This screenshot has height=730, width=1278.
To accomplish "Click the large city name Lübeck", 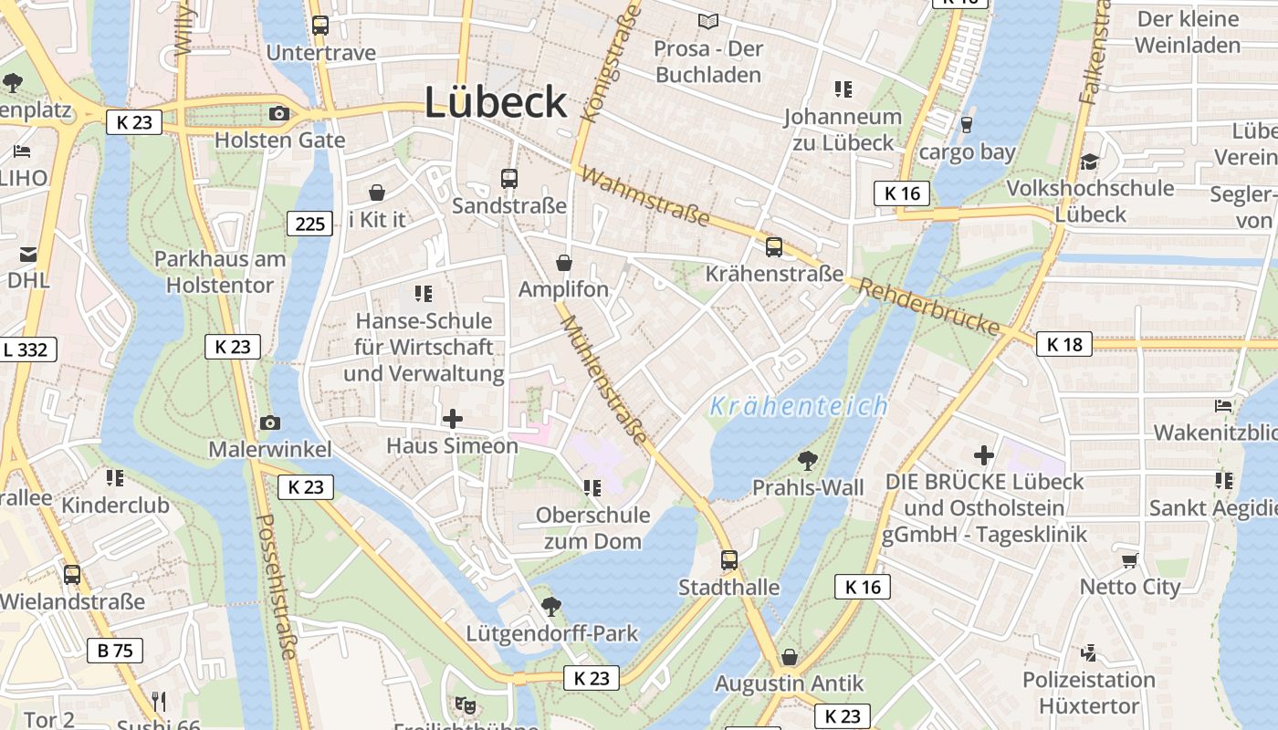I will click(x=496, y=102).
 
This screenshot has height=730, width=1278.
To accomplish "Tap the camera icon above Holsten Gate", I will click(x=279, y=114).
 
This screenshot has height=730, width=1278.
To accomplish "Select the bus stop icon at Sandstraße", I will click(x=509, y=179).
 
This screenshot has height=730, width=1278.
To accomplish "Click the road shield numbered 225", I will click(x=310, y=223).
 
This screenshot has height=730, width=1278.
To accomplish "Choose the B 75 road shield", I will click(x=115, y=651).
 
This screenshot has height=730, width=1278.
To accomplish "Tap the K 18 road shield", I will click(x=1064, y=344).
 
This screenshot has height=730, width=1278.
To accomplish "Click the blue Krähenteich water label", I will click(x=798, y=406).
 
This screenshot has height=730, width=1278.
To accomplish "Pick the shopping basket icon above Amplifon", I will click(x=564, y=263).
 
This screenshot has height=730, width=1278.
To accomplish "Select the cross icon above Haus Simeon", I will click(x=452, y=419).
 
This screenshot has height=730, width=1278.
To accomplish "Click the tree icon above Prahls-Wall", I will click(x=807, y=460).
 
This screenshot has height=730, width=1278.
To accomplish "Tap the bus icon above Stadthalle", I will click(x=728, y=560).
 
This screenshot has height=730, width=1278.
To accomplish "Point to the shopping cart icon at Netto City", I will click(x=1129, y=560).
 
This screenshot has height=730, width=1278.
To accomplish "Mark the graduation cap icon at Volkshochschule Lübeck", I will click(x=1089, y=162).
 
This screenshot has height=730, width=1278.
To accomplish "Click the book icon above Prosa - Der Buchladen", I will click(x=708, y=21).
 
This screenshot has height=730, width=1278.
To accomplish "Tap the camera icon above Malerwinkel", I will click(x=269, y=422).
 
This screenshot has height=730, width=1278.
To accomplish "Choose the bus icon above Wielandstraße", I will click(x=72, y=575).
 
